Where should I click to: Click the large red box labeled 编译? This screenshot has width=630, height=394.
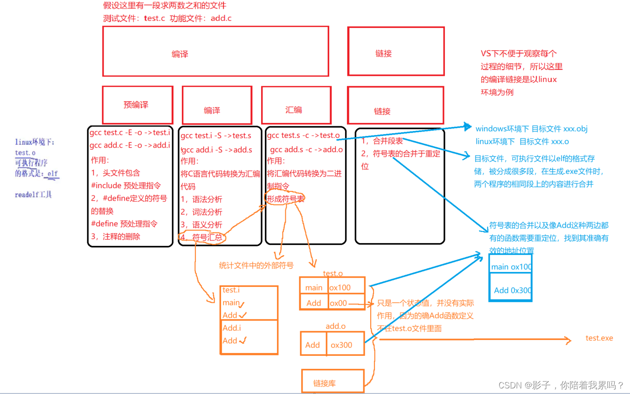[215, 51]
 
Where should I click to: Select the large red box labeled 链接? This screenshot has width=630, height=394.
[396, 51]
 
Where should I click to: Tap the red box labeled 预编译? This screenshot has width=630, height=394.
[137, 105]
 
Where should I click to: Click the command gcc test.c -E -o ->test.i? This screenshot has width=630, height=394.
[130, 133]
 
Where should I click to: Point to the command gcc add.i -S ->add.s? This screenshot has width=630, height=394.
[217, 150]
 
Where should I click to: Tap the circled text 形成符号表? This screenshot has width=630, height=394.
[285, 198]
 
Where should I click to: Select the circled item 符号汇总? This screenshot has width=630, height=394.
[205, 238]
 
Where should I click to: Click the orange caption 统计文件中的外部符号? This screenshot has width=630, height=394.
[256, 265]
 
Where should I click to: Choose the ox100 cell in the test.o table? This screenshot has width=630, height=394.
[346, 287]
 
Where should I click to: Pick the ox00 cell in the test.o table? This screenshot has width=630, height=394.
[346, 303]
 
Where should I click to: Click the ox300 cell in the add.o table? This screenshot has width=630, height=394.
[345, 345]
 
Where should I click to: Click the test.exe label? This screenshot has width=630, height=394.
[599, 338]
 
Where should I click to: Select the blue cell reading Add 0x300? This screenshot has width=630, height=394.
[511, 290]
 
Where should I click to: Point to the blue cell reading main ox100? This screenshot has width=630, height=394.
[511, 267]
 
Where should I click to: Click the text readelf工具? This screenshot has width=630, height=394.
[34, 195]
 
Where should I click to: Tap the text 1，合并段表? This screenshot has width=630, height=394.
[382, 141]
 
